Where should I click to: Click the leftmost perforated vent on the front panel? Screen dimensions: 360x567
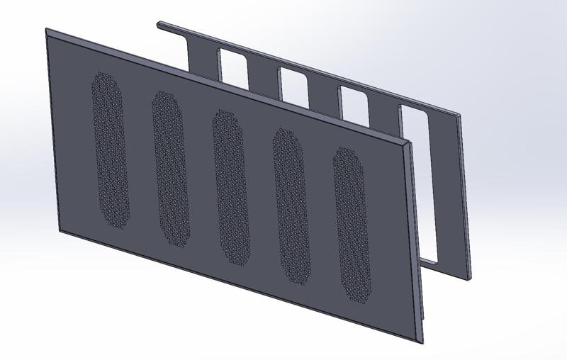point(111,148)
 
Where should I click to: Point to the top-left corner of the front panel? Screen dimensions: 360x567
point(47,30)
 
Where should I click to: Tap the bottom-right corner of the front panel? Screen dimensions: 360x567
point(423,342)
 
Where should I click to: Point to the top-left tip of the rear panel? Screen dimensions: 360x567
point(159,24)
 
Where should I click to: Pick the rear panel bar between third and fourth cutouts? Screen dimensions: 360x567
point(383,117)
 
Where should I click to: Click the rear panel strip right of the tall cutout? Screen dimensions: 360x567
point(457,191)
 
